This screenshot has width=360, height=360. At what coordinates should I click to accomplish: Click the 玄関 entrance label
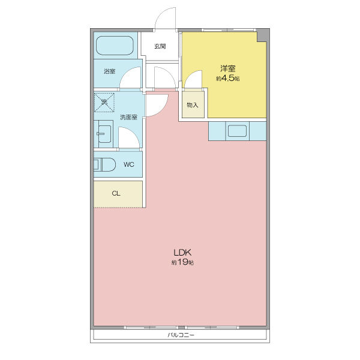click(x=160, y=46)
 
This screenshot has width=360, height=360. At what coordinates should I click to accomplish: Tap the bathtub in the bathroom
click(x=115, y=46)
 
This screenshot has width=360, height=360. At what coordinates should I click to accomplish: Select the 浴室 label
click(x=110, y=71)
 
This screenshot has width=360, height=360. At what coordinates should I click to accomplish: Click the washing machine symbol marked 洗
click(x=104, y=103)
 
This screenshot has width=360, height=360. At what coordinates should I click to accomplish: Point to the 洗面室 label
click(x=128, y=118)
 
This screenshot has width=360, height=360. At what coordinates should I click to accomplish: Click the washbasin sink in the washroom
click(x=104, y=134)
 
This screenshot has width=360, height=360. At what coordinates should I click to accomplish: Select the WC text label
click(x=129, y=164)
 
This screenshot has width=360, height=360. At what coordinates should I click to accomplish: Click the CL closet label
click(x=116, y=194)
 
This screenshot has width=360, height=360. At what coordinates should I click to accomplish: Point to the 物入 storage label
click(x=193, y=105)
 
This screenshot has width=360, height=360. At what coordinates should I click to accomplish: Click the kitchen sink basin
click(x=237, y=131)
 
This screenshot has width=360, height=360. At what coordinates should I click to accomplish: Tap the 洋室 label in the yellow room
click(x=228, y=68)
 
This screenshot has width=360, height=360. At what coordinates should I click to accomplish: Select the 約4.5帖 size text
click(x=228, y=78)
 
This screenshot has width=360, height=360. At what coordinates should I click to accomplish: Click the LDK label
click(x=182, y=253)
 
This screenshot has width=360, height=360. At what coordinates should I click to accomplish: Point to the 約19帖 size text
click(x=182, y=262)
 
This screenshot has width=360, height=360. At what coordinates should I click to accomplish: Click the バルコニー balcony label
click(x=181, y=335)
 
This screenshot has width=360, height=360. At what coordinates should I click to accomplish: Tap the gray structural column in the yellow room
click(x=262, y=36)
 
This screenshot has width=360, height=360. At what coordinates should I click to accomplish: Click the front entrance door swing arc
click(x=161, y=14)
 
